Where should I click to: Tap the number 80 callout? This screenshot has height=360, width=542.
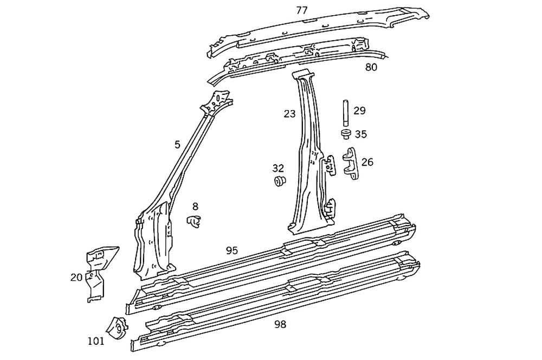tap(371, 68)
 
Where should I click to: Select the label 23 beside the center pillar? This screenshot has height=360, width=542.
tap(290, 114)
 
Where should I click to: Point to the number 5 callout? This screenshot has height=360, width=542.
tap(177, 144)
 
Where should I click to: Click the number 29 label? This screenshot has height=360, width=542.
tap(359, 111)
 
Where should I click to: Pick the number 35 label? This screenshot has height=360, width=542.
tap(361, 134)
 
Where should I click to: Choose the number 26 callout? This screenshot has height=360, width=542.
tap(367, 162)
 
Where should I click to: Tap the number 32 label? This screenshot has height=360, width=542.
tap(278, 168)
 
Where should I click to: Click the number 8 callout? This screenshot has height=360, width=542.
tap(195, 206)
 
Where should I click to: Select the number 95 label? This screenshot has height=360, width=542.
tap(232, 250)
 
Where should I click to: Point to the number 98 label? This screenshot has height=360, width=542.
tap(280, 324)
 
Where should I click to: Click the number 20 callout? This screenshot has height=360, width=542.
tap(76, 278)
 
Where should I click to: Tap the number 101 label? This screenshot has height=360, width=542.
tap(96, 341)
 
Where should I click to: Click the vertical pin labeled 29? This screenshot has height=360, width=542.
tap(345, 113)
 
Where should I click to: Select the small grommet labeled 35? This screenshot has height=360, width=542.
tap(345, 133)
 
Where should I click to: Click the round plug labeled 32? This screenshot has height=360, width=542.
tap(280, 182)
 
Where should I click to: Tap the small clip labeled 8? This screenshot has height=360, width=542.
tap(193, 221)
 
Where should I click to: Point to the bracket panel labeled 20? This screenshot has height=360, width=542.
tap(98, 271)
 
